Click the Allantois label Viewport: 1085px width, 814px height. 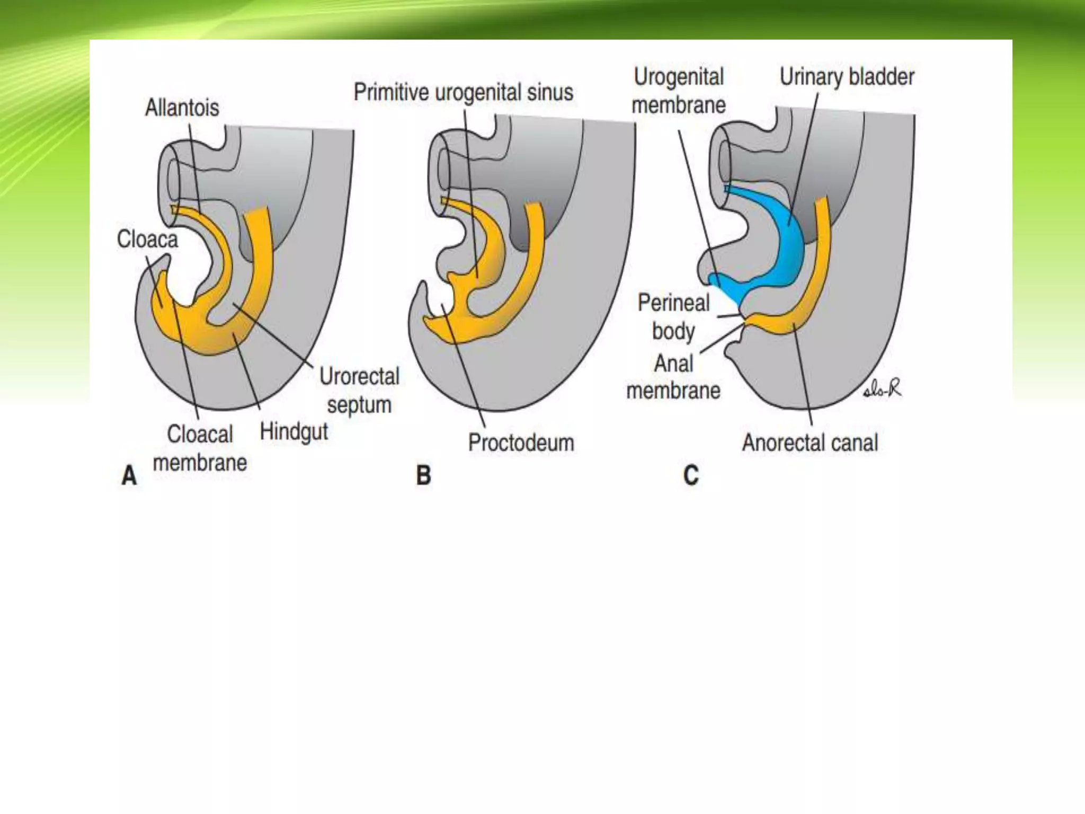(x=182, y=108)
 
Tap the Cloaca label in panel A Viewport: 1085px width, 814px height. (x=147, y=240)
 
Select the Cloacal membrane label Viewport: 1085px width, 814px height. (x=200, y=448)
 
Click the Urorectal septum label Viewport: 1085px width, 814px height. (x=359, y=391)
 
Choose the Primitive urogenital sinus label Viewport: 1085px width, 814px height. (x=463, y=93)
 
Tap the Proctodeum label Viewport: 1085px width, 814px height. (x=521, y=443)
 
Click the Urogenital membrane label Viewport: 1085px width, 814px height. (x=679, y=91)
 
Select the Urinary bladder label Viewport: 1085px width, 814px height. (x=847, y=77)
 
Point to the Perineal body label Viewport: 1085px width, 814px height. (x=673, y=317)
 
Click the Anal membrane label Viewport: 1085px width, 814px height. (x=673, y=377)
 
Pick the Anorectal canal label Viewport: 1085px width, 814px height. (x=810, y=443)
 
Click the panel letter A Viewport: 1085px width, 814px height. (x=129, y=475)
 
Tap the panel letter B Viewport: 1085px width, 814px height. (x=423, y=475)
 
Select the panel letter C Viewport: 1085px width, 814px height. (x=691, y=475)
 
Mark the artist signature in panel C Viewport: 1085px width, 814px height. (x=882, y=390)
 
